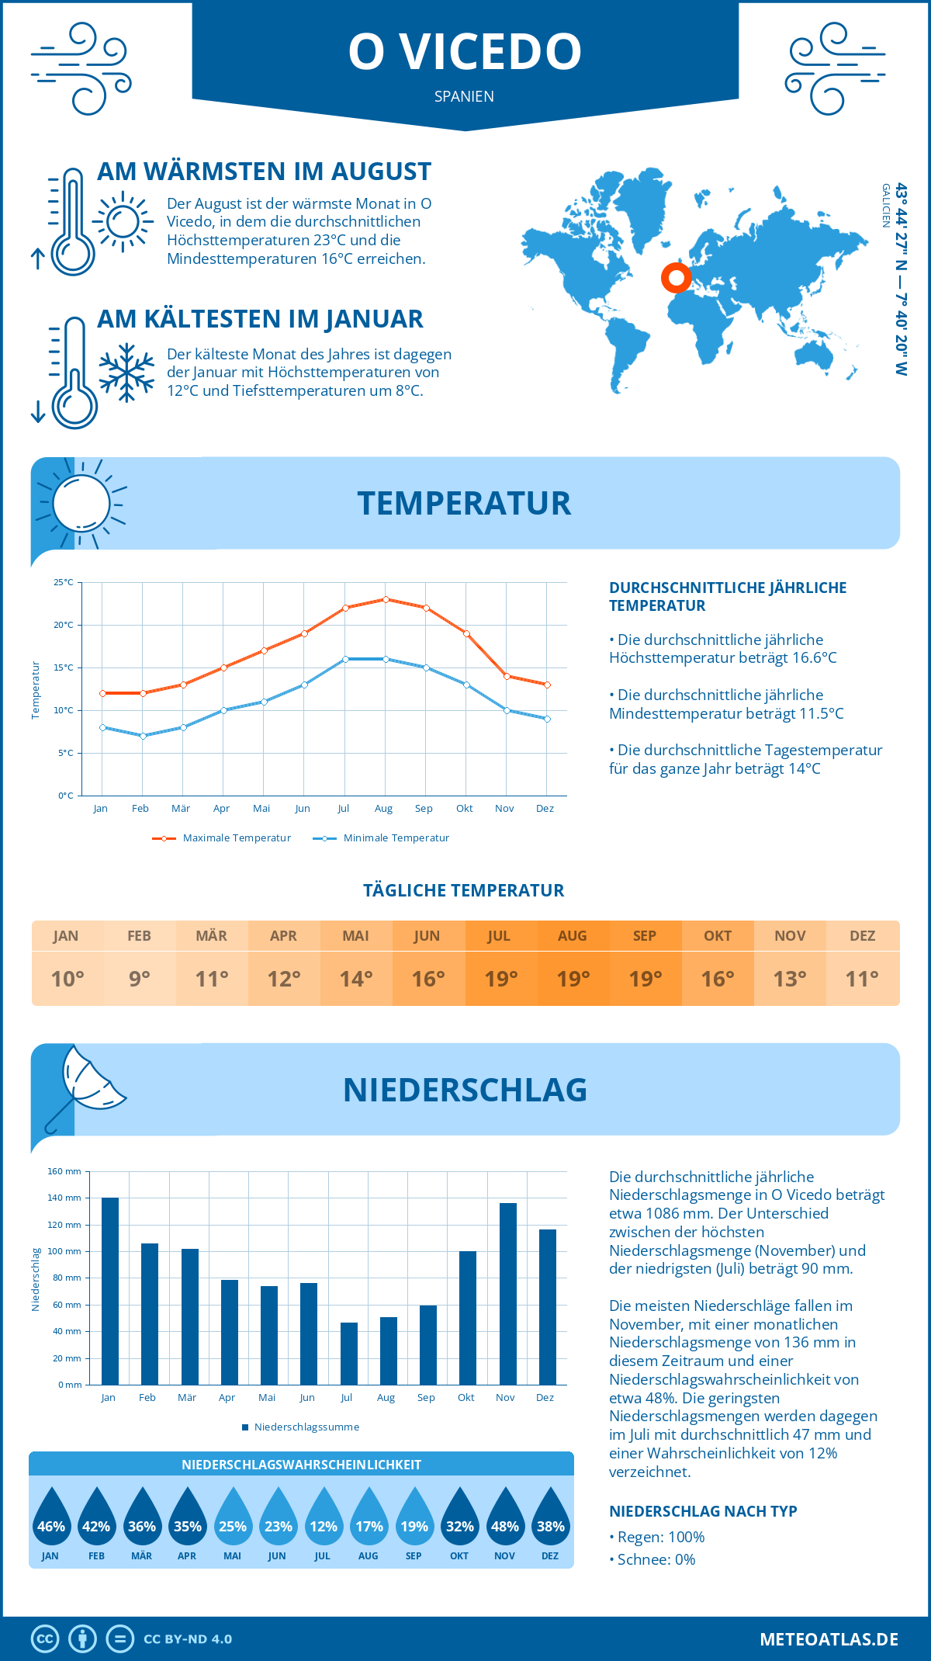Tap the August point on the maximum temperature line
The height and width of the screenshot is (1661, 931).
click(386, 599)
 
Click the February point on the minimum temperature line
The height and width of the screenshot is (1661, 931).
click(143, 736)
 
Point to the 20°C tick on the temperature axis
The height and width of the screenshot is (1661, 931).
click(64, 625)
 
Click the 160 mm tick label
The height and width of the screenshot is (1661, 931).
click(64, 1171)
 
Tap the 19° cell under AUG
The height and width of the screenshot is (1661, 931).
click(573, 979)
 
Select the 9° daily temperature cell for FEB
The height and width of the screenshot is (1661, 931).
click(140, 979)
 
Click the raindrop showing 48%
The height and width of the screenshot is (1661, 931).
click(505, 1516)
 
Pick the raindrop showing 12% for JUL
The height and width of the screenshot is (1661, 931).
click(323, 1516)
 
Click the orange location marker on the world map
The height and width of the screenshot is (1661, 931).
click(676, 277)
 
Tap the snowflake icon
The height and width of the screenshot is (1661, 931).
click(126, 373)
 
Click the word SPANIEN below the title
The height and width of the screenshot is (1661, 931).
click(464, 96)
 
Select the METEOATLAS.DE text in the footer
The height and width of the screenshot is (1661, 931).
click(829, 1638)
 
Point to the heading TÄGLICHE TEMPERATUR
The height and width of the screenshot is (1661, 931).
click(464, 890)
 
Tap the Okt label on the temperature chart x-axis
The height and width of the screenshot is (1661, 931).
click(464, 808)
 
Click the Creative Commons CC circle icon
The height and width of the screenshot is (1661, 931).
click(45, 1638)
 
